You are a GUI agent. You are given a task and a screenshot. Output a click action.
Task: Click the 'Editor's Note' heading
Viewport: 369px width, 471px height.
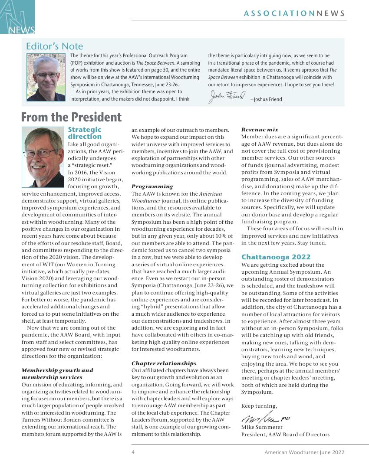(54, 46)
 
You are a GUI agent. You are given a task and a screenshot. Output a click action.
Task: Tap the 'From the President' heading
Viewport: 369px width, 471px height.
(71, 117)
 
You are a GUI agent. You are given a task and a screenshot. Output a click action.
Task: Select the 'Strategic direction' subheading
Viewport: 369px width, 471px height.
(85, 133)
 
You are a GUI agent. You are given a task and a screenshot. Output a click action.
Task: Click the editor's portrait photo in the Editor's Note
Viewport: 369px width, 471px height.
(46, 77)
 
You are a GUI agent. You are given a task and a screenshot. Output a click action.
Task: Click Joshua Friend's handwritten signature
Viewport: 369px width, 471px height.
(227, 96)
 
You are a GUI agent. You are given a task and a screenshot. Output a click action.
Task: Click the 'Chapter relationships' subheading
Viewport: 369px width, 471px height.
(164, 363)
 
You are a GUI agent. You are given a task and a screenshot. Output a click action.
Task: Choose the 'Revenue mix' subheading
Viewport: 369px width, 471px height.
(260, 130)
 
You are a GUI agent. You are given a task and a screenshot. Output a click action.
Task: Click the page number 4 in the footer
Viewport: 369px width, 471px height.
(133, 452)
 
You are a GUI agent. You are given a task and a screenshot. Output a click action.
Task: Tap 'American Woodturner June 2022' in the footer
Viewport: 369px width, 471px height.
(304, 452)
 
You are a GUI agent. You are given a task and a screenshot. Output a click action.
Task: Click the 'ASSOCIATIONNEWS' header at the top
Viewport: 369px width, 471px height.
(294, 13)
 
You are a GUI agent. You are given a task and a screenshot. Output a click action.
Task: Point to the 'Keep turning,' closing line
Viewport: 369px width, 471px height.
(259, 406)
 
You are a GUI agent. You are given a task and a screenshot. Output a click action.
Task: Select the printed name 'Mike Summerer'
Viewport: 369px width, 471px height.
(262, 427)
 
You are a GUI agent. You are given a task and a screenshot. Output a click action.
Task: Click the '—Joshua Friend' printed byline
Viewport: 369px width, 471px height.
(266, 99)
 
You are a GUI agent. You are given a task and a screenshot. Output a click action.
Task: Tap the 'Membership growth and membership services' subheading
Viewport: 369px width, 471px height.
(57, 373)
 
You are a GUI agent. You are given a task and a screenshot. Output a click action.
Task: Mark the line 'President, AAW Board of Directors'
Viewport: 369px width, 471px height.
(285, 434)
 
